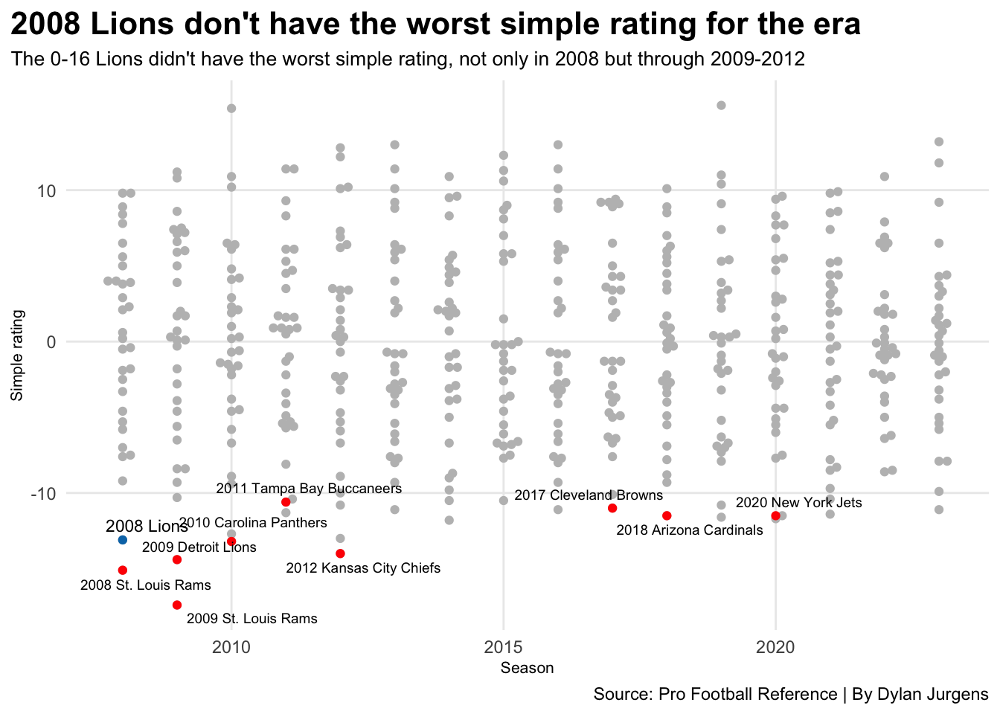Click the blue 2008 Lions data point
123,539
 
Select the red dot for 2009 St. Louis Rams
177,605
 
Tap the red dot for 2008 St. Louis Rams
123,570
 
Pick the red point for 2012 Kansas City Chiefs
340,553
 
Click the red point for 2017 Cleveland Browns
612,508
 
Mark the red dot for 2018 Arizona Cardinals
667,515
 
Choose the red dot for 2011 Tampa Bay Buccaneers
286,502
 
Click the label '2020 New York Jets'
798,503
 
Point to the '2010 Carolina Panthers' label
253,523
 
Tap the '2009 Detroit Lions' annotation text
199,547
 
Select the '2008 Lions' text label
147,527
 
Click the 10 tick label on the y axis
47,191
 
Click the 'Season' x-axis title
527,668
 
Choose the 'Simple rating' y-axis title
17,356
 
